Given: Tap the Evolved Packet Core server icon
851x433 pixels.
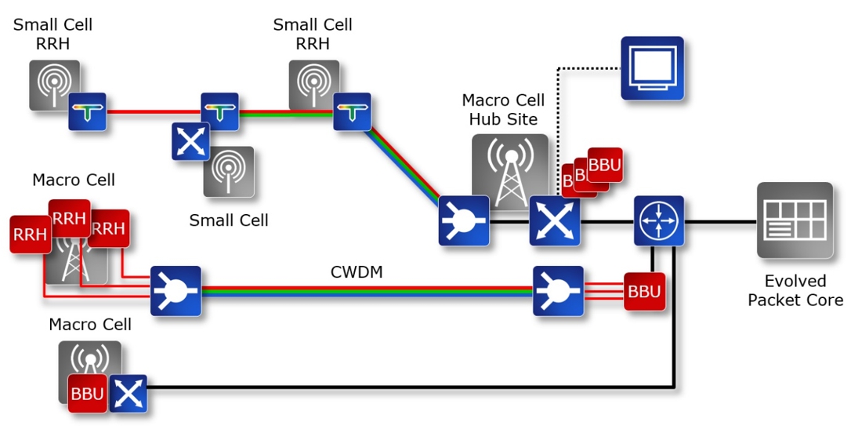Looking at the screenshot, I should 795,220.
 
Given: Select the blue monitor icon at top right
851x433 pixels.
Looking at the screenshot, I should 652,68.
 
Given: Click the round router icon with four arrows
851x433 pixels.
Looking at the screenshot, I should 658,221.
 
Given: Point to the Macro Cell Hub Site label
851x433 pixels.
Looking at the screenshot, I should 503,110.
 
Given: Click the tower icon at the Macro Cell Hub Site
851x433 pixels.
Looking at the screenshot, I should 509,169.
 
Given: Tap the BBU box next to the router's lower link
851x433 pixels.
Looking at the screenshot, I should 644,292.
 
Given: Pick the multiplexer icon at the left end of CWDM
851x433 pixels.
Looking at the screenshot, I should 176,291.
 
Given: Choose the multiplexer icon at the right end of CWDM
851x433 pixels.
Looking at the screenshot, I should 558,291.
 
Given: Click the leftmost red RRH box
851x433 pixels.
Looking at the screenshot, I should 30,235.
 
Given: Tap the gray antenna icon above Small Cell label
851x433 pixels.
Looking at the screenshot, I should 229,171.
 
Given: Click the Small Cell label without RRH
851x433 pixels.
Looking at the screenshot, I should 229,220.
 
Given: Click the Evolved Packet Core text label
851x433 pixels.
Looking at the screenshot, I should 795,290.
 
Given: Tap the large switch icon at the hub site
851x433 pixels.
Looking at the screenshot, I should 555,221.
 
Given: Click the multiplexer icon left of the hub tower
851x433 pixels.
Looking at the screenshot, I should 463,220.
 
